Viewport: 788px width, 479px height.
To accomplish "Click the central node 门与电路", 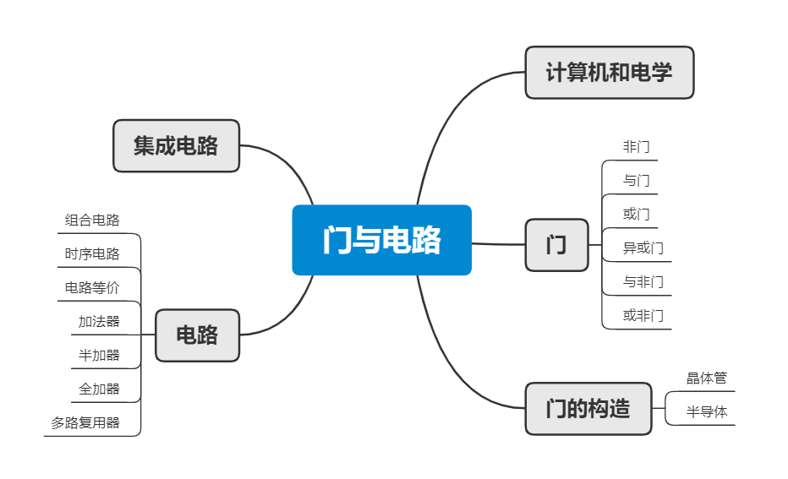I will pos(381,240).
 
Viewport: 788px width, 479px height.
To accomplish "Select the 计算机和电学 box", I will pos(609,73).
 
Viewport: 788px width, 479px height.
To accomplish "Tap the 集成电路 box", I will pos(176,145).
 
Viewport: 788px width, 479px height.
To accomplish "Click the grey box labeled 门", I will pos(556,245).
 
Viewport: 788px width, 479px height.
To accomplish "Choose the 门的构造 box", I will pos(588,409).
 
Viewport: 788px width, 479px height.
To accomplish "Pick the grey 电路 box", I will pos(197,335).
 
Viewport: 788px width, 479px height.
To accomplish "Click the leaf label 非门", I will pos(636,147).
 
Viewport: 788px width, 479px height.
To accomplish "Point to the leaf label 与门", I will pos(636,181).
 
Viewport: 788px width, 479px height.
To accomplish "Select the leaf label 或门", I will pos(636,215).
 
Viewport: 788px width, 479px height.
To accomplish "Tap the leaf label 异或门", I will pos(643,248).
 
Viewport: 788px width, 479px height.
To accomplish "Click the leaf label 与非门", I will pos(643,282).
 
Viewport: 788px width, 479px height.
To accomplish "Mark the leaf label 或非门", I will pos(643,316).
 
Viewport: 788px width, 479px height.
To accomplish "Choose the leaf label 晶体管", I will pos(706,378).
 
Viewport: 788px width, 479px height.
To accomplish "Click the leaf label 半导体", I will pos(706,412).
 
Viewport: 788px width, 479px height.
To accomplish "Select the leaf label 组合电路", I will pos(92,220).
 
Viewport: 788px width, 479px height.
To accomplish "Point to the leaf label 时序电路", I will pos(92,254).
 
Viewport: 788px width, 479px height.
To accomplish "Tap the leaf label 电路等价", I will pos(92,288).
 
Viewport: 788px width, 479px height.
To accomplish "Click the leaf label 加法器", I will pos(99,322).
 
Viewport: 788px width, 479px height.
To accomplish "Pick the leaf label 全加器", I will pos(99,389).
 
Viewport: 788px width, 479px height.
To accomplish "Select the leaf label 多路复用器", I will pos(85,423).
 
